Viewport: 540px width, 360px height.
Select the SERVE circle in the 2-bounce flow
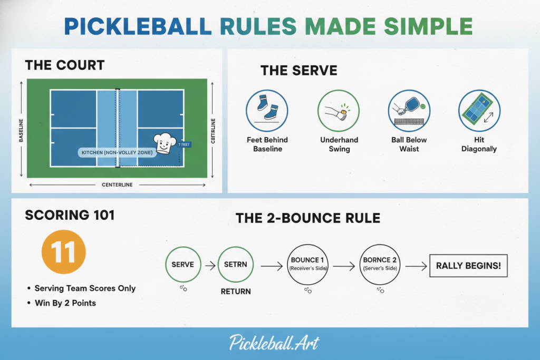183,264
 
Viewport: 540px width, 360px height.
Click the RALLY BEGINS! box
469,266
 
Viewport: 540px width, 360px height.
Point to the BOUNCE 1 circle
305,264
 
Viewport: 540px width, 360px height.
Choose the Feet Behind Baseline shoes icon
267,110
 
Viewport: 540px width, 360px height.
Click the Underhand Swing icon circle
339,110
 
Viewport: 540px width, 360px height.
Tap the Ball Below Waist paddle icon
409,110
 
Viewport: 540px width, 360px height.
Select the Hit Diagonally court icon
479,110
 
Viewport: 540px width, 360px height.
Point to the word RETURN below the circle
236,291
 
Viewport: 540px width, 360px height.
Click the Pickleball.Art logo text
274,343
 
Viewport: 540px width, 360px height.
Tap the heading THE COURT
65,65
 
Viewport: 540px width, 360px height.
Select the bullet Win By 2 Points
65,303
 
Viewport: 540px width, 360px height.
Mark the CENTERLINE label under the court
117,185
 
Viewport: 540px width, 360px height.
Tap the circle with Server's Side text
377,264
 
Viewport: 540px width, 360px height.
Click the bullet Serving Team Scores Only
85,288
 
